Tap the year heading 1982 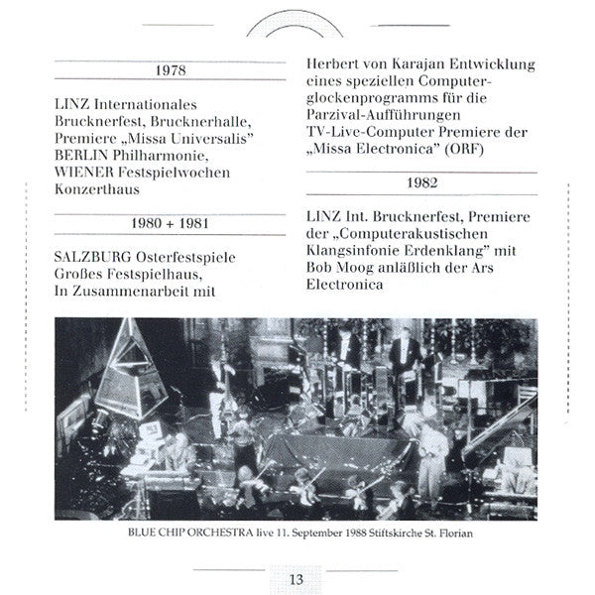(x=420, y=183)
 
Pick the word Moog (x=352, y=267)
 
